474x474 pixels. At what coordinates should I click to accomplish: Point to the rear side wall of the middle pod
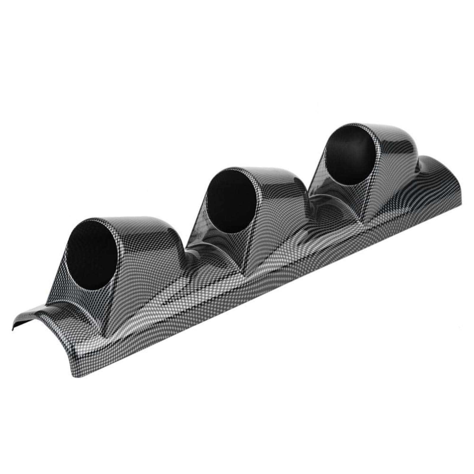tap(284, 207)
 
